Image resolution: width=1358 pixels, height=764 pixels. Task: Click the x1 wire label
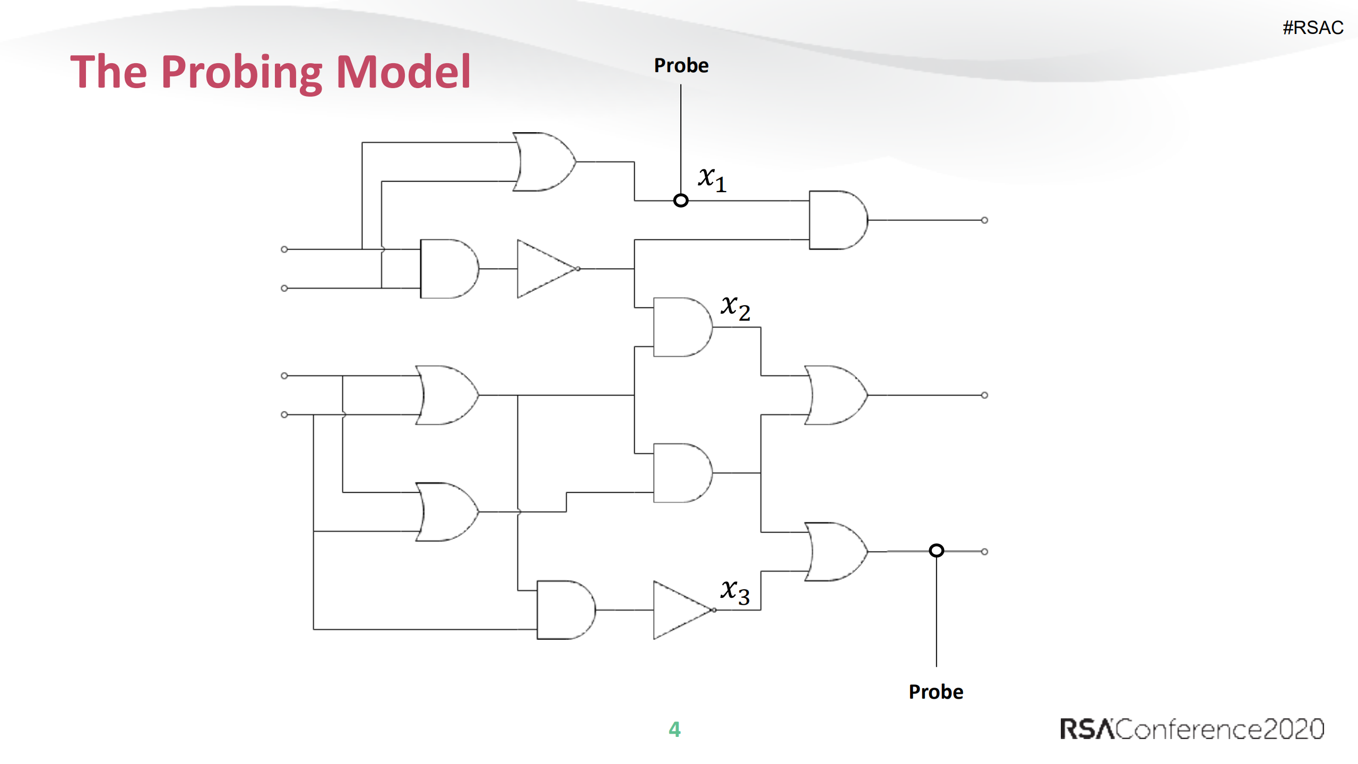click(x=712, y=179)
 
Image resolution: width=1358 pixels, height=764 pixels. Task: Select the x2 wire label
click(x=735, y=308)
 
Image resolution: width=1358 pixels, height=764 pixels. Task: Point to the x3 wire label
click(x=735, y=591)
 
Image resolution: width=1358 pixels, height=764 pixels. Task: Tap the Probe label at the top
click(x=681, y=65)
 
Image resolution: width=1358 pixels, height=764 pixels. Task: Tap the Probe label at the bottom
click(x=936, y=692)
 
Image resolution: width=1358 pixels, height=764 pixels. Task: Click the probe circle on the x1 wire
click(x=681, y=201)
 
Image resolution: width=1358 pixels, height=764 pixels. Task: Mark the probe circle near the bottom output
click(x=937, y=551)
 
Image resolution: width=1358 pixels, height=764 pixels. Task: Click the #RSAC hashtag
click(x=1312, y=28)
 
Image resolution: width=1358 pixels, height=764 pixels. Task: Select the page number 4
click(x=674, y=729)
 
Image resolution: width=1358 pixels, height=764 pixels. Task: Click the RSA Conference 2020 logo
click(x=1192, y=729)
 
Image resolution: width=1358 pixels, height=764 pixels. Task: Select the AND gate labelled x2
click(x=682, y=327)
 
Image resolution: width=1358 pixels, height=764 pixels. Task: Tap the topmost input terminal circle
click(x=284, y=249)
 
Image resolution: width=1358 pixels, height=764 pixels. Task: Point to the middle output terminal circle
click(x=984, y=395)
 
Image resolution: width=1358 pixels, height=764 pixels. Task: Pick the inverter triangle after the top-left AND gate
click(x=546, y=269)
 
